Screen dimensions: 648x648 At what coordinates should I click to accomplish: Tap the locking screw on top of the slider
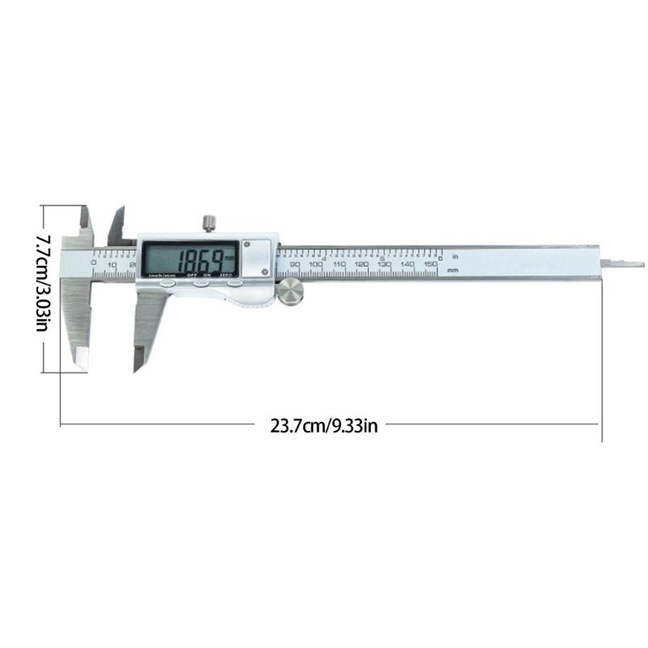coord(209,222)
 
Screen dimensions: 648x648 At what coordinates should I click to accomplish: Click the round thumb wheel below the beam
coord(291,292)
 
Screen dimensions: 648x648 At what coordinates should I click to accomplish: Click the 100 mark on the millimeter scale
coord(316,265)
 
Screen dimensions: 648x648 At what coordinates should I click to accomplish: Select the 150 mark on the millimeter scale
coord(431,265)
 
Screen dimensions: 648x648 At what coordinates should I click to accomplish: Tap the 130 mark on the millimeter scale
coord(385,265)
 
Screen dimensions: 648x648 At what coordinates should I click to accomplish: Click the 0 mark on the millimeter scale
coord(93,264)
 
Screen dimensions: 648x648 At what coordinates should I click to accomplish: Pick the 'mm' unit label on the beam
coord(453,269)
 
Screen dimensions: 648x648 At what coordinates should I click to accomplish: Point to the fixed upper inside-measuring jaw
coord(86,223)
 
